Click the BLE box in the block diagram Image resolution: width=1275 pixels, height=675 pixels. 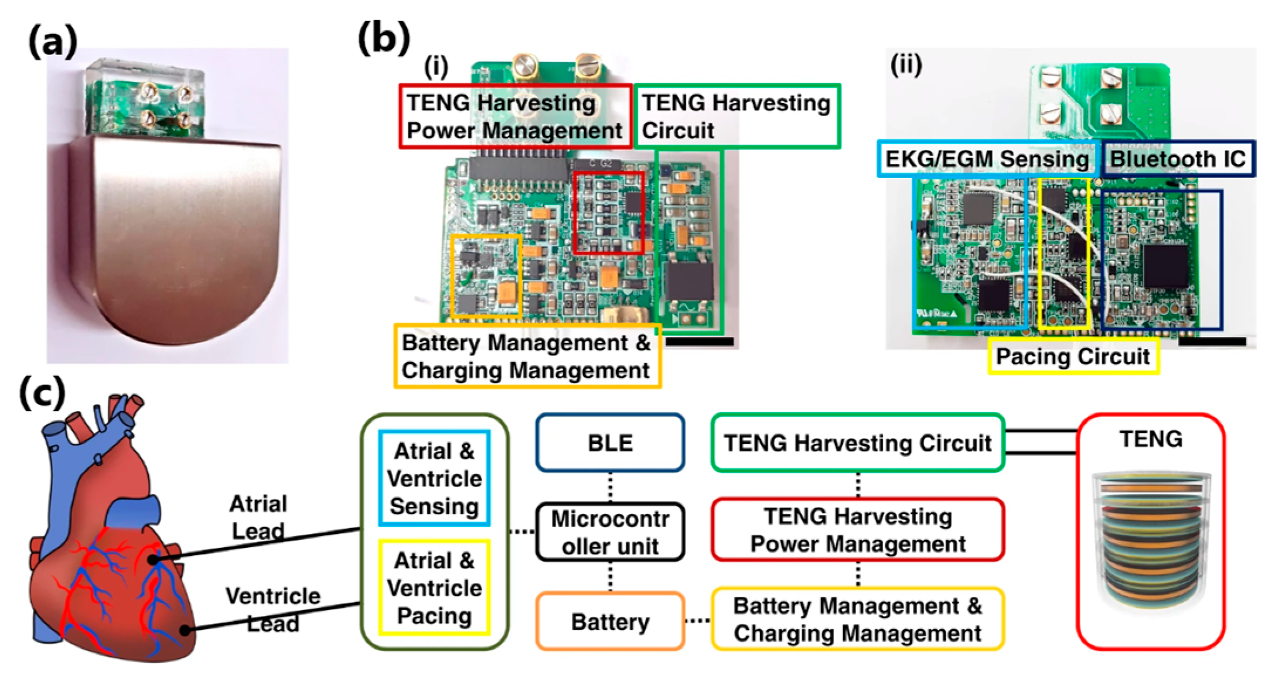610,443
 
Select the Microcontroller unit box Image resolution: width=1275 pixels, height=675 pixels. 610,532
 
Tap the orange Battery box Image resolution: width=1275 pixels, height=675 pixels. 610,621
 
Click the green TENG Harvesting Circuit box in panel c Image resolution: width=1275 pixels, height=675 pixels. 858,443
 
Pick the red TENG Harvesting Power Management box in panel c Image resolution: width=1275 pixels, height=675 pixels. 858,530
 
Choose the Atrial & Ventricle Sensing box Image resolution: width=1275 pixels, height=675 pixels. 434,478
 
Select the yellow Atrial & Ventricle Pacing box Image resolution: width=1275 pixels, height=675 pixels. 434,588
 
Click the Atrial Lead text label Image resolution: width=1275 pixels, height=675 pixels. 258,517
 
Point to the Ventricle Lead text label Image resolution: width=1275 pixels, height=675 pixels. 272,609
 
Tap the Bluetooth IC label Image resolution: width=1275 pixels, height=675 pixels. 1178,159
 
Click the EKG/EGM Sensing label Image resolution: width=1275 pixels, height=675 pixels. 987,159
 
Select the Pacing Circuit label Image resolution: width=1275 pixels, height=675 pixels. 1073,356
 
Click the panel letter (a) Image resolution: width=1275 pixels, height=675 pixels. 53,42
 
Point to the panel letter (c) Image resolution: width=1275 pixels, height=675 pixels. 42,393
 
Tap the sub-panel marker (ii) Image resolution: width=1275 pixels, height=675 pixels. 906,65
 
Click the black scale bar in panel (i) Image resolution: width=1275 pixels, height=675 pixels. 700,341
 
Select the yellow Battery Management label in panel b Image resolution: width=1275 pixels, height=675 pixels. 527,356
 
